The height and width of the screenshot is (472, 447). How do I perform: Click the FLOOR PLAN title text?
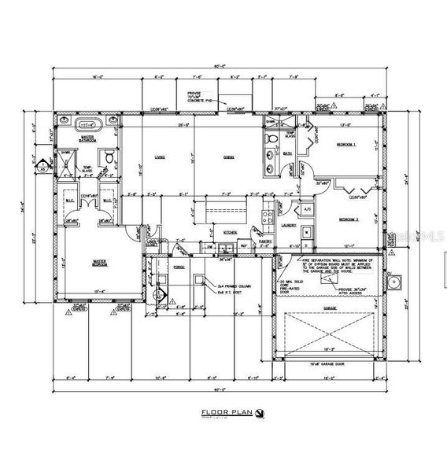(x=225, y=412)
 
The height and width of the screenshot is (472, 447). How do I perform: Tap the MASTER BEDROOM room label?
(x=100, y=263)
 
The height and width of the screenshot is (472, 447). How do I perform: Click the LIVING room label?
(x=159, y=158)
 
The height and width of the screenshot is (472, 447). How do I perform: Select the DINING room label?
(x=228, y=158)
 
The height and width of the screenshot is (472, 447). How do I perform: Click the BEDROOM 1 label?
(x=347, y=146)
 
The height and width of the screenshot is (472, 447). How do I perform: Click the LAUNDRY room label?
(x=288, y=225)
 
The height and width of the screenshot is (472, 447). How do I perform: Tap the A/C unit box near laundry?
(x=308, y=209)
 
